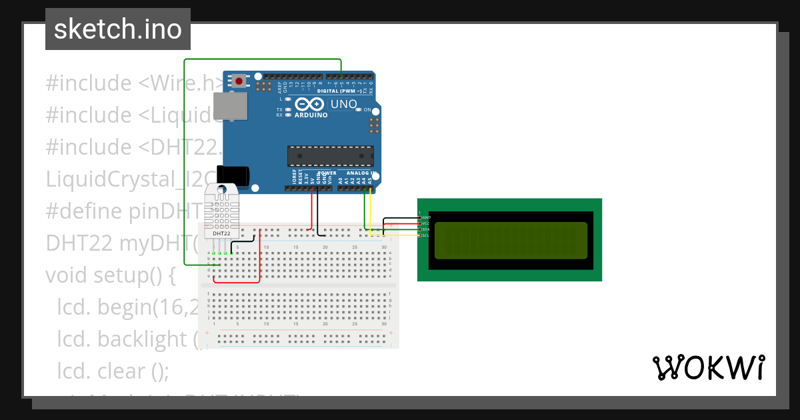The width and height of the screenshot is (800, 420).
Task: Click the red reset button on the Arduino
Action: point(238,81)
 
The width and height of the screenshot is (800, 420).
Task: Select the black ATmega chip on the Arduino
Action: point(331,155)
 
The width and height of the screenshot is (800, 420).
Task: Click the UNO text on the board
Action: point(344,104)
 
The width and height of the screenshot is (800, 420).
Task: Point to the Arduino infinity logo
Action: point(309,104)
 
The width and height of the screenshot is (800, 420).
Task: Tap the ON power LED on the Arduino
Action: point(359,109)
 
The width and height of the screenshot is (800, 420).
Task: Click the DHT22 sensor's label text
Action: point(221,233)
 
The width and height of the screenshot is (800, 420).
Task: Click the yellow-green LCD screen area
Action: point(511,241)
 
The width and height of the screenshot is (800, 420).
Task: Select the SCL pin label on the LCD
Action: point(425,235)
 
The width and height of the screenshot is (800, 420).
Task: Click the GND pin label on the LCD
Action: point(426,217)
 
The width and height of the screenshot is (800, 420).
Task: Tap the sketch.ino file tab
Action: point(118,29)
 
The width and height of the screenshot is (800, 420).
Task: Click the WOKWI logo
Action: point(708,367)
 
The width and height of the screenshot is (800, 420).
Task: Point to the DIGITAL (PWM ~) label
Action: point(339,91)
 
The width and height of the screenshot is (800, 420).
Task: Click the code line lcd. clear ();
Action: point(113,371)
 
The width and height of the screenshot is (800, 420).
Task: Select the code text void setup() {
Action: point(111,275)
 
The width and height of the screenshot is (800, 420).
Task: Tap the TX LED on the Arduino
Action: point(287,109)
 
